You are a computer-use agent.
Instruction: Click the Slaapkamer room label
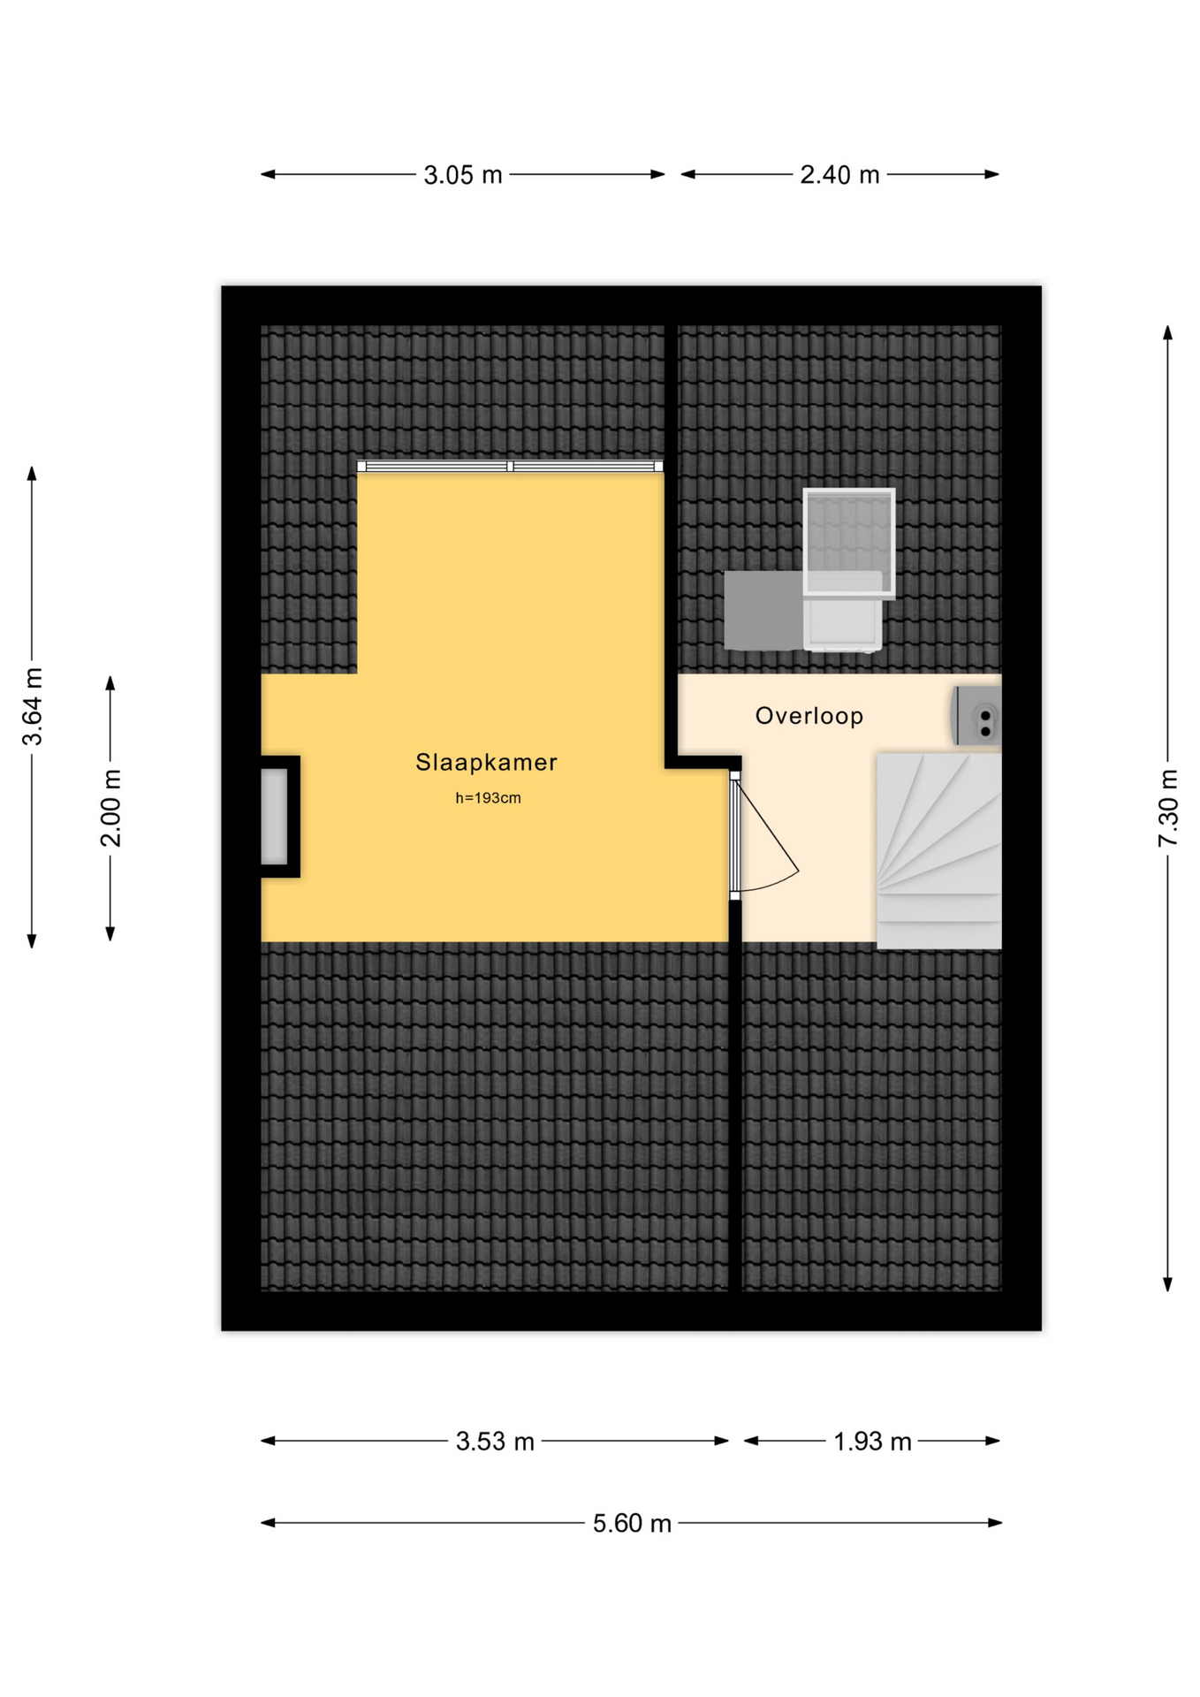click(486, 762)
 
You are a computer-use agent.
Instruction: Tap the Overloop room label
click(809, 716)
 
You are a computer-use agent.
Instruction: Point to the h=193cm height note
click(488, 798)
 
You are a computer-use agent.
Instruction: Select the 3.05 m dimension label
click(462, 175)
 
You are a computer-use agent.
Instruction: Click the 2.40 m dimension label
click(839, 175)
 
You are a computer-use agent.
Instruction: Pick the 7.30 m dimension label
click(1168, 809)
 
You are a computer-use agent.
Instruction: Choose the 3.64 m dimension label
click(33, 707)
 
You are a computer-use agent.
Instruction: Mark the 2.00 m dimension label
click(110, 808)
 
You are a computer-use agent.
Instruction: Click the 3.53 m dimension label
click(495, 1442)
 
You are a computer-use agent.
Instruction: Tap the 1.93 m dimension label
click(872, 1442)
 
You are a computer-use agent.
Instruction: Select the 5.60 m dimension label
click(632, 1523)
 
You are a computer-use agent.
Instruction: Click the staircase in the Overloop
click(938, 850)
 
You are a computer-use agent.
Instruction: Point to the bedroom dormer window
click(510, 466)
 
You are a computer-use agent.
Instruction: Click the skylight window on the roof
click(848, 543)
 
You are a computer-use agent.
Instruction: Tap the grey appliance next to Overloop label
click(976, 715)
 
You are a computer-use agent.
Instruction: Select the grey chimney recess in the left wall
click(275, 817)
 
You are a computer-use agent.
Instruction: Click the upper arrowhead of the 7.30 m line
click(1167, 332)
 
